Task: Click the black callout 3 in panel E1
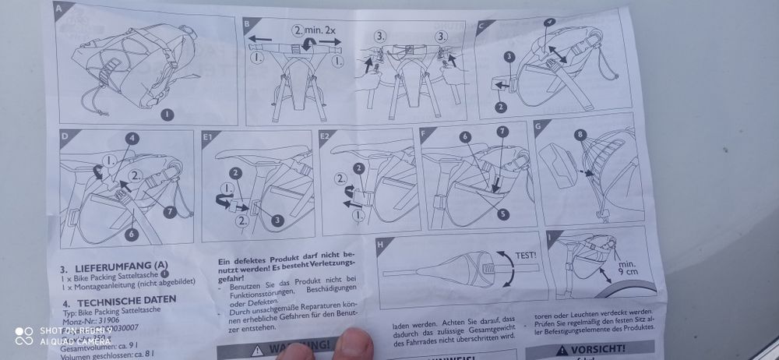coord(277,221)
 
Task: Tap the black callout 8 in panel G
coord(579,135)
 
